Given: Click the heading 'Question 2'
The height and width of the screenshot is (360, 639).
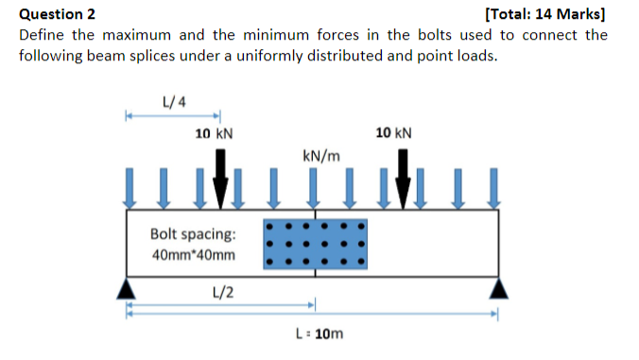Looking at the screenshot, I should tap(58, 14).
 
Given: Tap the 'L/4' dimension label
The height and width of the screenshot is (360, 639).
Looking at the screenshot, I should tap(174, 100).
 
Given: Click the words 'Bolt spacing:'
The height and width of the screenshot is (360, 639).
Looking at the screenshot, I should tap(194, 233).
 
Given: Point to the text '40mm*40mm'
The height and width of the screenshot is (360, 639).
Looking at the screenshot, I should tap(194, 255).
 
